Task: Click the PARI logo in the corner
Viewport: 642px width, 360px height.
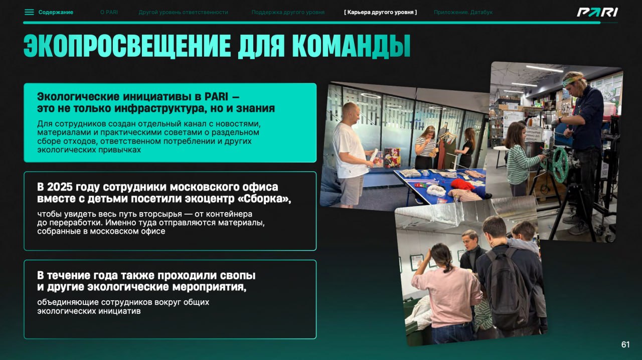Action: pyautogui.click(x=597, y=13)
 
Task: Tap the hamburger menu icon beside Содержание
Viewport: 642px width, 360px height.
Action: pyautogui.click(x=29, y=12)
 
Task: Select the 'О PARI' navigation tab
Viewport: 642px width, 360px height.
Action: pyautogui.click(x=109, y=13)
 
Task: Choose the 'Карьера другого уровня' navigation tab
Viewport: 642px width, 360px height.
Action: pyautogui.click(x=380, y=13)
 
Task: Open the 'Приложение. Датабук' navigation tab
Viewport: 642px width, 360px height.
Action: pyautogui.click(x=463, y=13)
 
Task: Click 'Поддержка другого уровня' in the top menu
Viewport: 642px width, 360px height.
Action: pyautogui.click(x=288, y=13)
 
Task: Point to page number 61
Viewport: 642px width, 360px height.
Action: pyautogui.click(x=625, y=344)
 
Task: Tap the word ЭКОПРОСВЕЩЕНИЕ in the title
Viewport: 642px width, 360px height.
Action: pyautogui.click(x=127, y=46)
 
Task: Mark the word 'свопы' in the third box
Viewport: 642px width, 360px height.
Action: pyautogui.click(x=238, y=275)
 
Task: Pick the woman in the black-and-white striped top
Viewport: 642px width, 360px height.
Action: pyautogui.click(x=425, y=147)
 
